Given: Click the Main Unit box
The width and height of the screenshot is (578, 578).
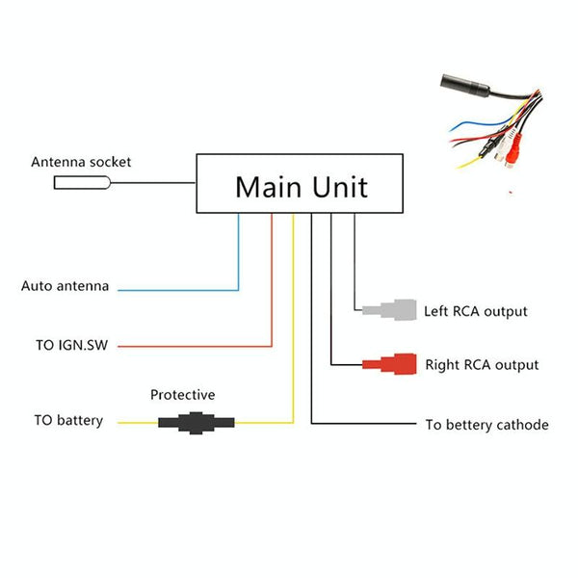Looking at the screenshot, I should pyautogui.click(x=302, y=183).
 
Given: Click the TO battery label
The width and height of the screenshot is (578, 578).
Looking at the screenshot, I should pyautogui.click(x=67, y=421).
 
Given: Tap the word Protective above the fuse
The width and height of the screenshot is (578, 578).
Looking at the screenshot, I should pyautogui.click(x=183, y=395).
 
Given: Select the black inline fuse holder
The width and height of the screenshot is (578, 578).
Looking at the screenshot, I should pyautogui.click(x=197, y=421).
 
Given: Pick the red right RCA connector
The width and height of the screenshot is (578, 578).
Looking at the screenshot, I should pyautogui.click(x=390, y=364).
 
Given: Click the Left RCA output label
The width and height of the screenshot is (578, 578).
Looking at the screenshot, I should pyautogui.click(x=476, y=311).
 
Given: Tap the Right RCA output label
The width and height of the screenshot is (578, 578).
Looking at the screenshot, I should pyautogui.click(x=482, y=365).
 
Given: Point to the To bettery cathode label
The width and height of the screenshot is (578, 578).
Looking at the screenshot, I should pyautogui.click(x=486, y=424).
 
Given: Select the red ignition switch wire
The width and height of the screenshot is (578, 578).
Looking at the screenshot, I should pyautogui.click(x=272, y=289).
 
